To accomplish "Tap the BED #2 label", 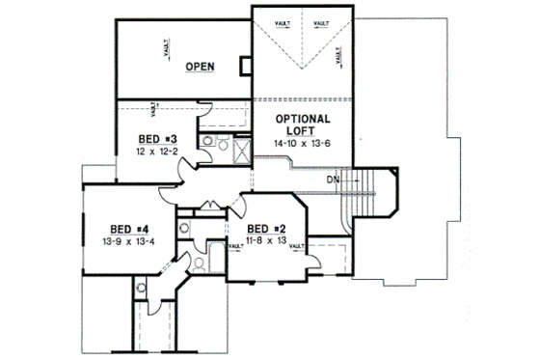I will (263, 228).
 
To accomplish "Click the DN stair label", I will (332, 179).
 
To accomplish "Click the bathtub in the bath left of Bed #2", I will (194, 261).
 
